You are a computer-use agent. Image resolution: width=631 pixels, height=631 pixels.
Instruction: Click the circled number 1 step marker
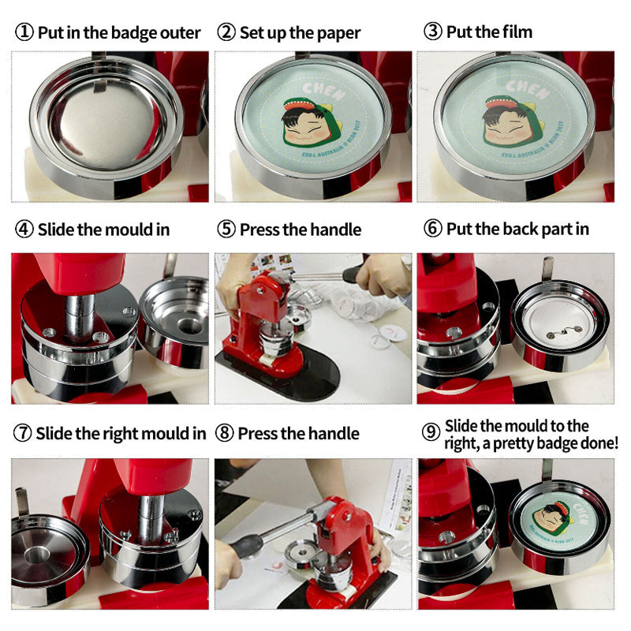point(24,32)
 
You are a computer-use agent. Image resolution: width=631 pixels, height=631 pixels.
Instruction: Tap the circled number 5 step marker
point(226,230)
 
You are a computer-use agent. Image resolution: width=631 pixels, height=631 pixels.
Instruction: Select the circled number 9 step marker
point(431,433)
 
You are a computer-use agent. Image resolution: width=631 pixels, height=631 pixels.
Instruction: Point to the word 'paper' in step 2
point(338,32)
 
